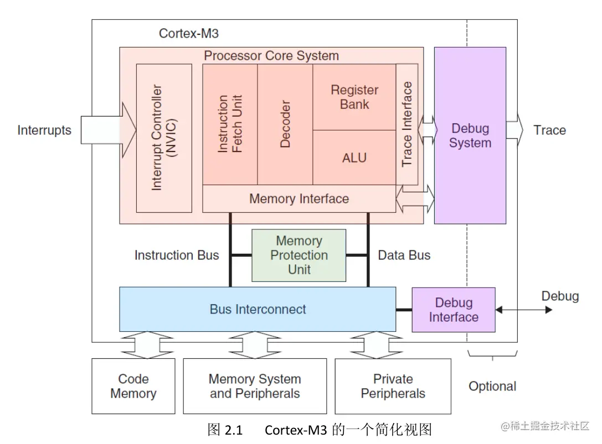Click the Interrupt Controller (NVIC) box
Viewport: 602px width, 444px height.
(x=164, y=138)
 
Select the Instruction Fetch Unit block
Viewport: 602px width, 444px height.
(x=230, y=124)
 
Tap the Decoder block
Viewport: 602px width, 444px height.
(x=285, y=124)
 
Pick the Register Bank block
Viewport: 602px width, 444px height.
(x=354, y=97)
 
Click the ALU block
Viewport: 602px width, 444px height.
(x=354, y=158)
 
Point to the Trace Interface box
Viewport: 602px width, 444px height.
(x=407, y=124)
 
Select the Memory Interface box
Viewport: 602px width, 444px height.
(x=299, y=199)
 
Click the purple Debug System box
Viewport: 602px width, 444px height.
(x=470, y=135)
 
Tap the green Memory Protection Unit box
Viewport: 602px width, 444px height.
(x=299, y=255)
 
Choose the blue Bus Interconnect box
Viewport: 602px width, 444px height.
(x=258, y=309)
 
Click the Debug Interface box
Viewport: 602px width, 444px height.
(x=454, y=310)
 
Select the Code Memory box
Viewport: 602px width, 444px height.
(x=133, y=386)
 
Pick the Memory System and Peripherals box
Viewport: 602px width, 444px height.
(x=255, y=386)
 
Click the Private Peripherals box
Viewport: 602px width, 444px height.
(x=393, y=386)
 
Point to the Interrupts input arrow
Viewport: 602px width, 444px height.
(x=108, y=130)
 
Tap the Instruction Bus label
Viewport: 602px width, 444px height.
(x=177, y=255)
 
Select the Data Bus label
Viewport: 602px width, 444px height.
(x=404, y=255)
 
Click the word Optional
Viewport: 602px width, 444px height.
(x=492, y=386)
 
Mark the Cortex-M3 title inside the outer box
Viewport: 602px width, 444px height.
(x=189, y=33)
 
